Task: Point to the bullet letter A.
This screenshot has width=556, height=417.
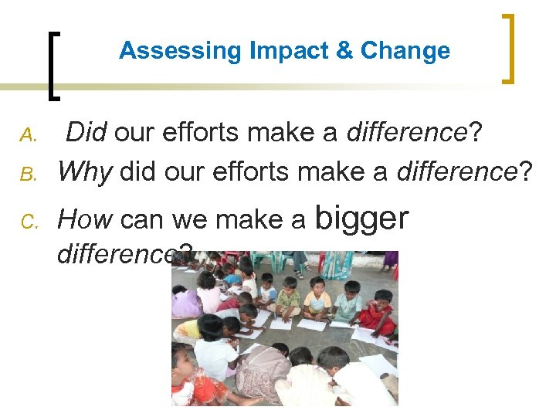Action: [x=29, y=136]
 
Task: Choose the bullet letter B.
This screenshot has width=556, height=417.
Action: [x=29, y=173]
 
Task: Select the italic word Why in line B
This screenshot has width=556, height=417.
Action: [x=85, y=171]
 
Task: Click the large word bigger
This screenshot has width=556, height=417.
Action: [x=361, y=218]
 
